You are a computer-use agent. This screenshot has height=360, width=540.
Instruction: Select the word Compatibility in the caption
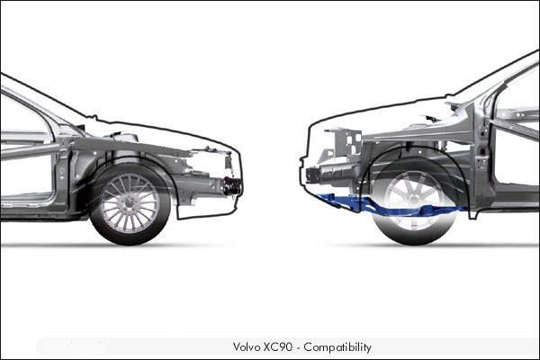pos(337,347)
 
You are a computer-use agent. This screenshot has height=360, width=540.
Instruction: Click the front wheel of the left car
pos(130,203)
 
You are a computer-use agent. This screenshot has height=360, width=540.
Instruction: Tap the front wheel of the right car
pos(415,201)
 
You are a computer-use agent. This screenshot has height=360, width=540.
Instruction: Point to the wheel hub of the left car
pos(130,203)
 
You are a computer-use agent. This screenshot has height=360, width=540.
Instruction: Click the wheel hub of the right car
pos(415,200)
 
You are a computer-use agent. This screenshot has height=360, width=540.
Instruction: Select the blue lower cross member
pos(386,205)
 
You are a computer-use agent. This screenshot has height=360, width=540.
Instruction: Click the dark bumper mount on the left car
pos(232,186)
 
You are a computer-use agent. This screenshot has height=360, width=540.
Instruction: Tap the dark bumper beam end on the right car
pos(312,175)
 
